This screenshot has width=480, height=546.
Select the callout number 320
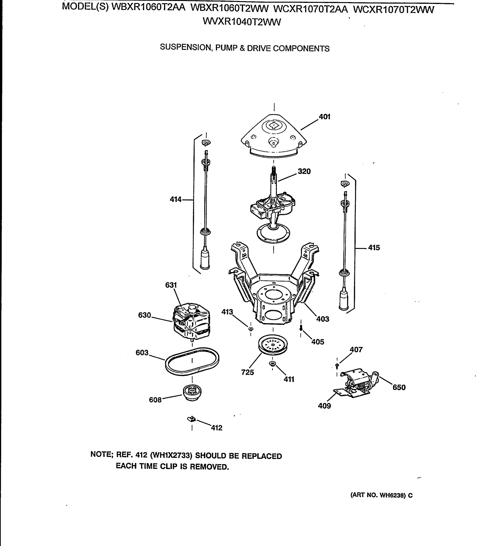(304, 171)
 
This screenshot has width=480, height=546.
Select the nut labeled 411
(272, 364)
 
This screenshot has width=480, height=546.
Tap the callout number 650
(399, 387)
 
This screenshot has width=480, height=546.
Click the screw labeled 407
(337, 365)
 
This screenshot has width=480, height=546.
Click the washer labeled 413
(251, 329)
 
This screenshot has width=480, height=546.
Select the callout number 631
(171, 285)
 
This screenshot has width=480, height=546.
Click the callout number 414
(175, 199)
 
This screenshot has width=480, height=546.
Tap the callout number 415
(374, 248)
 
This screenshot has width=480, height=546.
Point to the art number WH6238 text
(391, 495)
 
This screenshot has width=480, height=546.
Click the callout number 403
(322, 319)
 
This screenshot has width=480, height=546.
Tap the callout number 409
(324, 406)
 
